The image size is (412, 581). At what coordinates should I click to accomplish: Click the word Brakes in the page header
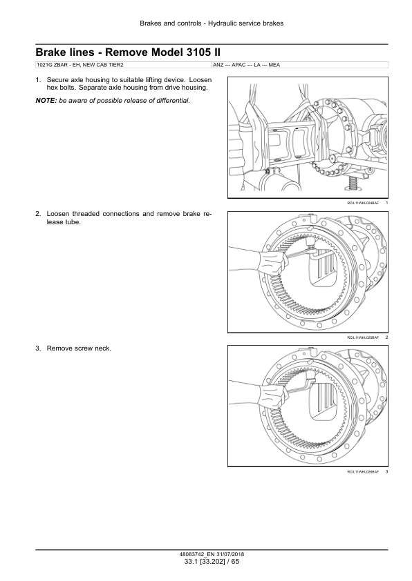coord(150,23)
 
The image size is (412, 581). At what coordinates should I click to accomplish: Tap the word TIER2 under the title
coord(115,65)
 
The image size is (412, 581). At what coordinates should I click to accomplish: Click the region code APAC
coord(238,65)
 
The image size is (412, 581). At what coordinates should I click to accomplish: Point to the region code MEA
coord(274,65)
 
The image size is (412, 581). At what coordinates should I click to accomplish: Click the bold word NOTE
coord(46,101)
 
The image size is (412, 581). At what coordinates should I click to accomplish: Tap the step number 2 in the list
coord(38,214)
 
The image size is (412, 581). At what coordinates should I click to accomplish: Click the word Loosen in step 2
coord(57,214)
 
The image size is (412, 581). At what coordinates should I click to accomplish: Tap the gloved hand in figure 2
coord(274,262)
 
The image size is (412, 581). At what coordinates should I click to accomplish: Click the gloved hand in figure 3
coord(274,397)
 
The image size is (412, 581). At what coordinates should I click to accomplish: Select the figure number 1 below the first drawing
coord(386,203)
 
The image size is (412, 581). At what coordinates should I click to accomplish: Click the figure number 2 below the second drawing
coord(386,337)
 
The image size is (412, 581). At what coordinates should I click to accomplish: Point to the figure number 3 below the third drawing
coord(386,472)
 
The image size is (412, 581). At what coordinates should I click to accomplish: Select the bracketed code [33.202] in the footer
coord(214,562)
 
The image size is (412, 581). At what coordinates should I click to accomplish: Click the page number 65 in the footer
coord(235,562)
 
